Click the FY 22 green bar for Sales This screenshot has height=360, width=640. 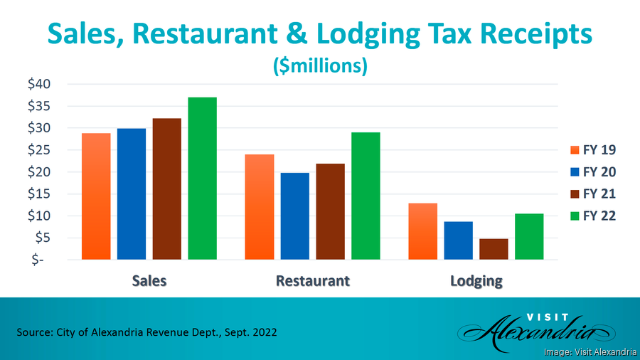pos(202,178)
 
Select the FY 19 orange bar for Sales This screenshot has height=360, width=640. pos(96,196)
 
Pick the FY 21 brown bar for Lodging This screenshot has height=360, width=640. pos(494,249)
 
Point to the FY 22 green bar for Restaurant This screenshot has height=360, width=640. pos(366,196)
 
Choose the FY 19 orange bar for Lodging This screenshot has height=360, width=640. pos(423,231)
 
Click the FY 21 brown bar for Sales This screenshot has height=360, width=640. pos(166,189)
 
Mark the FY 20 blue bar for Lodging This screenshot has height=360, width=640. pos(458,240)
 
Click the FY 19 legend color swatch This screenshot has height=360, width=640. pos(576,150)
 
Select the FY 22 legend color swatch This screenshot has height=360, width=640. pos(576,216)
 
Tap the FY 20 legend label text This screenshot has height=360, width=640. pos(599,172)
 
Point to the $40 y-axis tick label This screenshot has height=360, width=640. pos(39,84)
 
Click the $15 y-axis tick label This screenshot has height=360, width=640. pos(39,194)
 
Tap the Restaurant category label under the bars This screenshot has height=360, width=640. pos(313,280)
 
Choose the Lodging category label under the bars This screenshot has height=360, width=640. pos(476,280)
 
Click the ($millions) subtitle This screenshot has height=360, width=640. pos(320,66)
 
